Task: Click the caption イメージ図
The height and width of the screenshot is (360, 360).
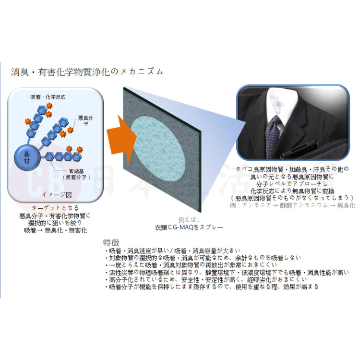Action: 57,194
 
